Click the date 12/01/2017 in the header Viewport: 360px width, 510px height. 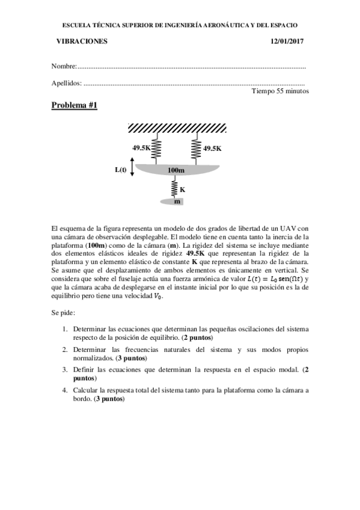point(287,41)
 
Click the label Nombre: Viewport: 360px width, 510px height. point(64,66)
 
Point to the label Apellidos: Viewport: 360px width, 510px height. point(67,82)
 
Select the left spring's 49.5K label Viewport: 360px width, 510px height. point(142,147)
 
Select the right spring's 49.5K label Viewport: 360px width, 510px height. point(212,147)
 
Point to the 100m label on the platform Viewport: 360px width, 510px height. point(175,171)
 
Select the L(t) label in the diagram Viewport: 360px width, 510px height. point(120,169)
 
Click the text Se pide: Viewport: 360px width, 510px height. point(63,313)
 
